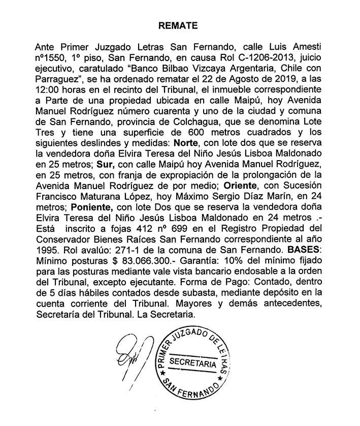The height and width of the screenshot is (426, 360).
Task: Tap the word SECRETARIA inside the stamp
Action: point(193,362)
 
